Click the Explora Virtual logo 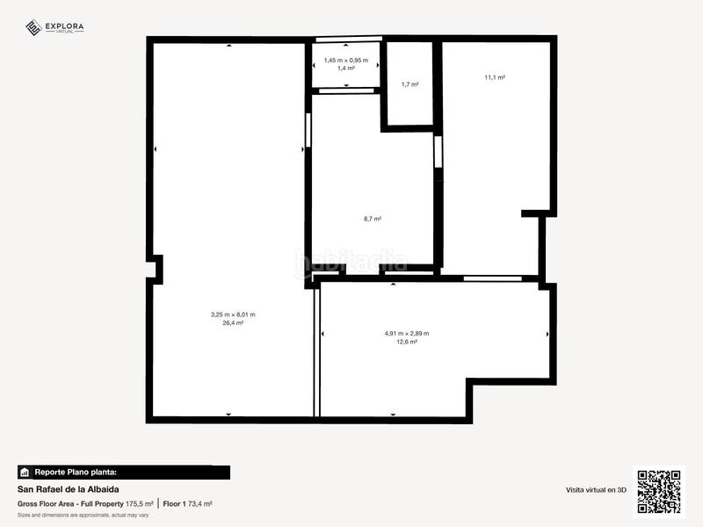54,28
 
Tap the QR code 658,492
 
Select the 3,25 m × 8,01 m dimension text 233,314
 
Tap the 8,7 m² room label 373,219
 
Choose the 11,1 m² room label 495,77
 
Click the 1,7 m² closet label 409,84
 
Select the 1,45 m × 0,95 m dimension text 346,60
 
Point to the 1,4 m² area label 346,68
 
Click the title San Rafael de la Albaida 69,489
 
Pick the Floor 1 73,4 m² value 188,504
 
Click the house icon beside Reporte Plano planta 25,472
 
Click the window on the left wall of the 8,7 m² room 308,131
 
